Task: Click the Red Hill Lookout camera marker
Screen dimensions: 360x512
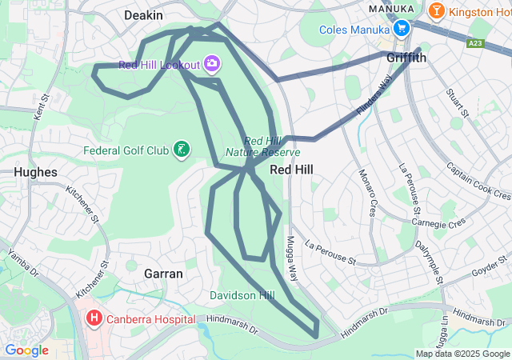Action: pyautogui.click(x=212, y=63)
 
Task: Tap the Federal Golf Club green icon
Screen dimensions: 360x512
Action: pyautogui.click(x=183, y=150)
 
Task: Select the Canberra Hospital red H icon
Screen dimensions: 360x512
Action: pyautogui.click(x=94, y=319)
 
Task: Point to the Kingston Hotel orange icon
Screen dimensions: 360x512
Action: pyautogui.click(x=436, y=11)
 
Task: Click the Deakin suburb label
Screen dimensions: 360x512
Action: pyautogui.click(x=144, y=15)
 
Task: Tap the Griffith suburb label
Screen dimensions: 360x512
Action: pyautogui.click(x=406, y=58)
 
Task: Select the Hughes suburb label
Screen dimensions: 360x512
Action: pyautogui.click(x=35, y=172)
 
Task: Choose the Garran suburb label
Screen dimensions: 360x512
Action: pyautogui.click(x=163, y=274)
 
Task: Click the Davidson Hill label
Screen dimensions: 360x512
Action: pyautogui.click(x=242, y=296)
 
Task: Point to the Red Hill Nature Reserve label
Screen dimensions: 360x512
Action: pyautogui.click(x=263, y=146)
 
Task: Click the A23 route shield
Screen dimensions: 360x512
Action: pyautogui.click(x=476, y=42)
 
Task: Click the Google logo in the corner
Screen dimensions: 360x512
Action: pyautogui.click(x=26, y=350)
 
